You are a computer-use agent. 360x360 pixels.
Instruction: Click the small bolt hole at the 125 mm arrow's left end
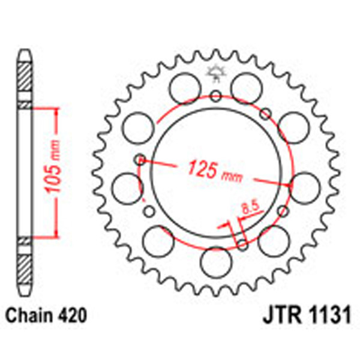coord(140,160)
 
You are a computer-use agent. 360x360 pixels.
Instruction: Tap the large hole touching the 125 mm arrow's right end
coord(304,185)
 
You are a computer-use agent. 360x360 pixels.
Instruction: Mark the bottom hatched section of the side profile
coord(24,264)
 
